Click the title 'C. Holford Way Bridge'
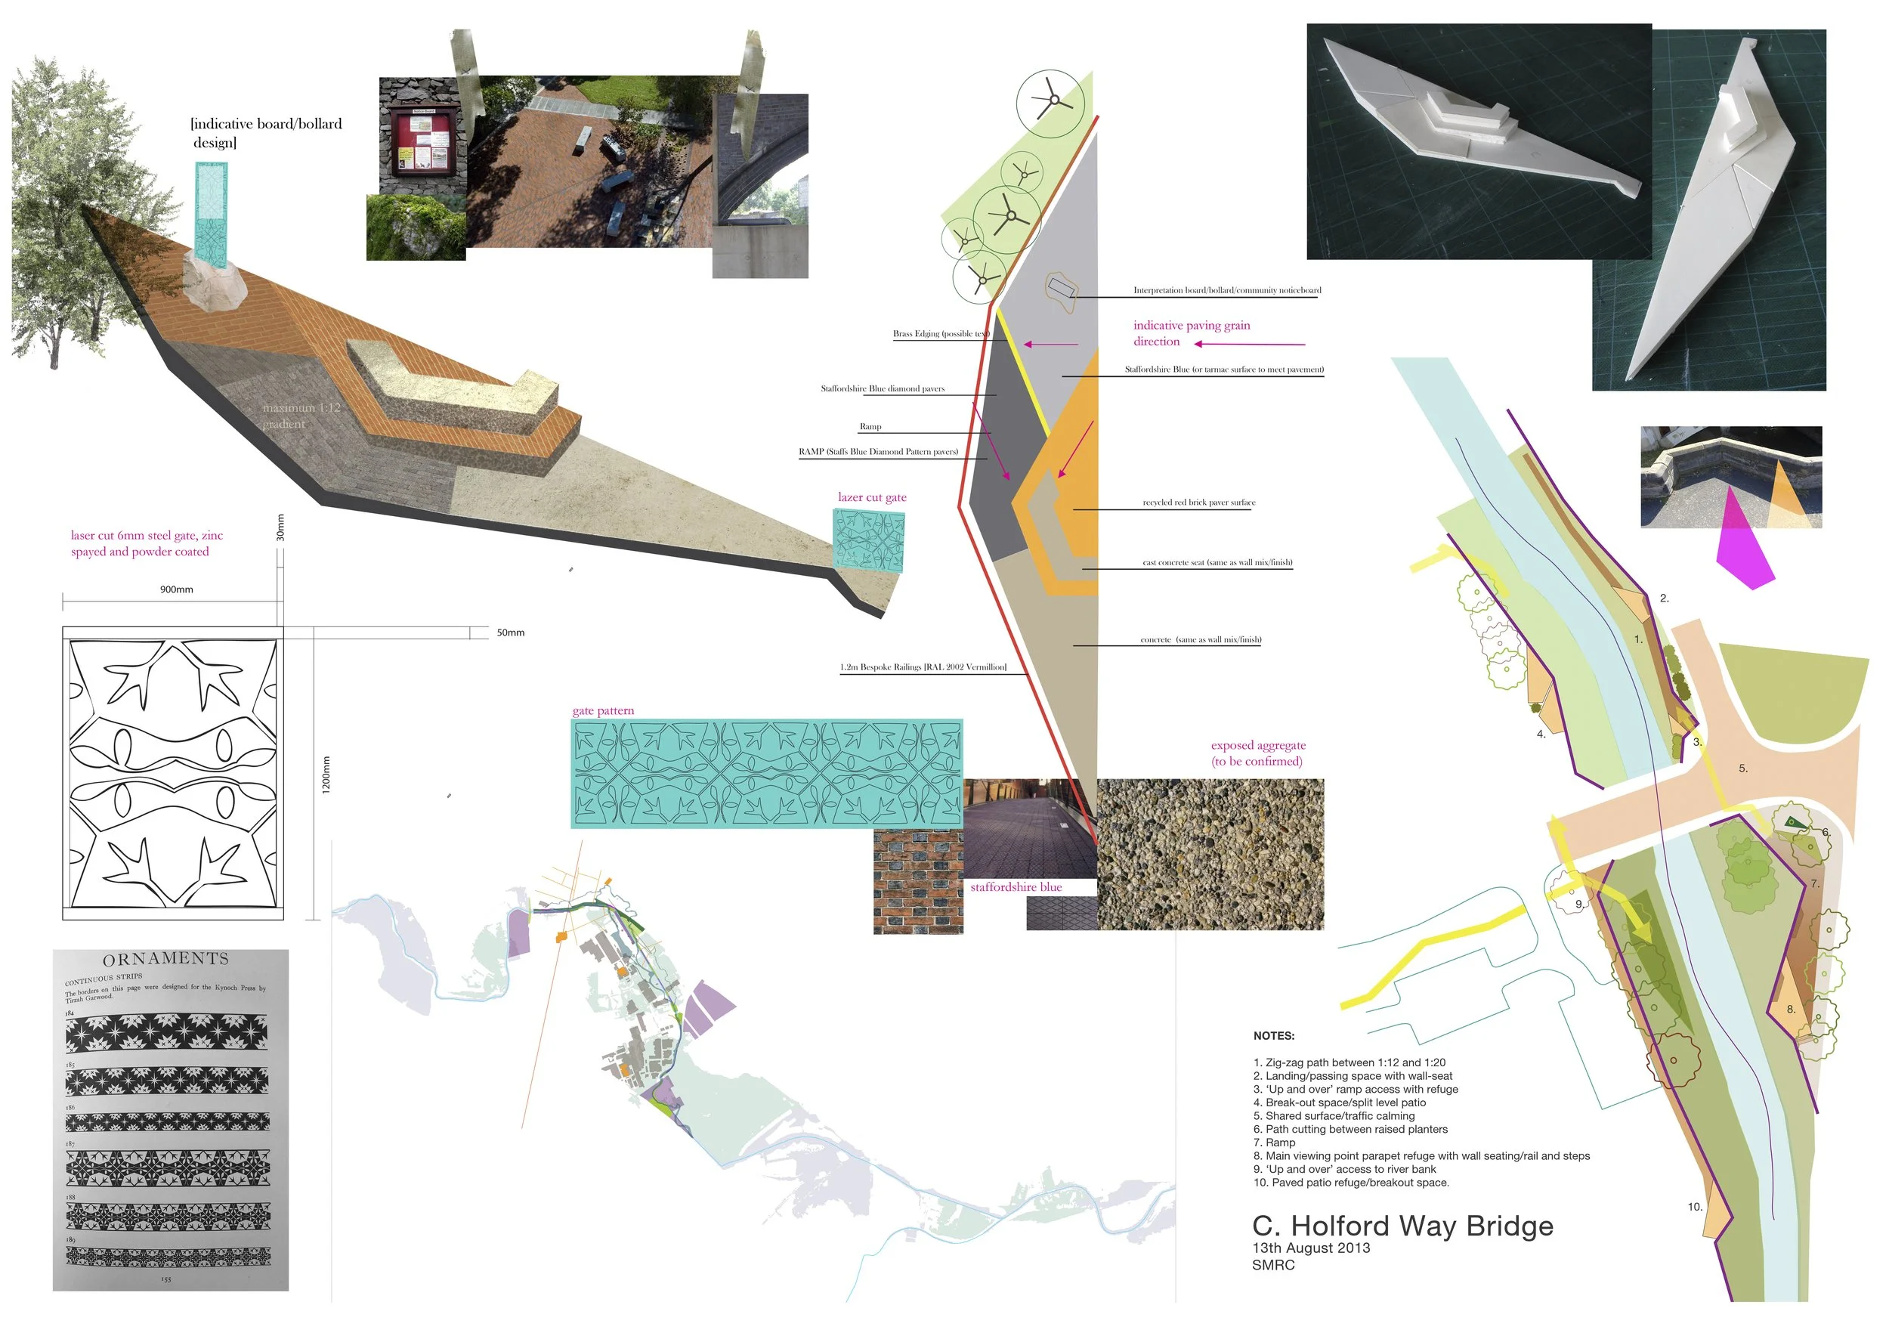coord(1402,1226)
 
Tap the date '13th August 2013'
coord(1311,1248)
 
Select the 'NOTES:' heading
coord(1274,1036)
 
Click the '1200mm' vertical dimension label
coord(326,774)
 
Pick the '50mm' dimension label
coord(510,632)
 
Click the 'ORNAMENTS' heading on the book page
coord(165,959)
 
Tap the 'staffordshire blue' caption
coord(1016,887)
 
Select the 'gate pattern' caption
coord(603,711)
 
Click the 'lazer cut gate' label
coord(872,497)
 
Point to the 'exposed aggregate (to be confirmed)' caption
coord(1257,753)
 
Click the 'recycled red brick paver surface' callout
coord(1198,502)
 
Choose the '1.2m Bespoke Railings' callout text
coord(923,667)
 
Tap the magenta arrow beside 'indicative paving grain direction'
coord(1250,344)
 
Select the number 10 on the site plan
coord(1695,1207)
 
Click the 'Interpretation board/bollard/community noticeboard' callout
coord(1226,290)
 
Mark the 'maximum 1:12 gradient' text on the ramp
coord(300,416)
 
